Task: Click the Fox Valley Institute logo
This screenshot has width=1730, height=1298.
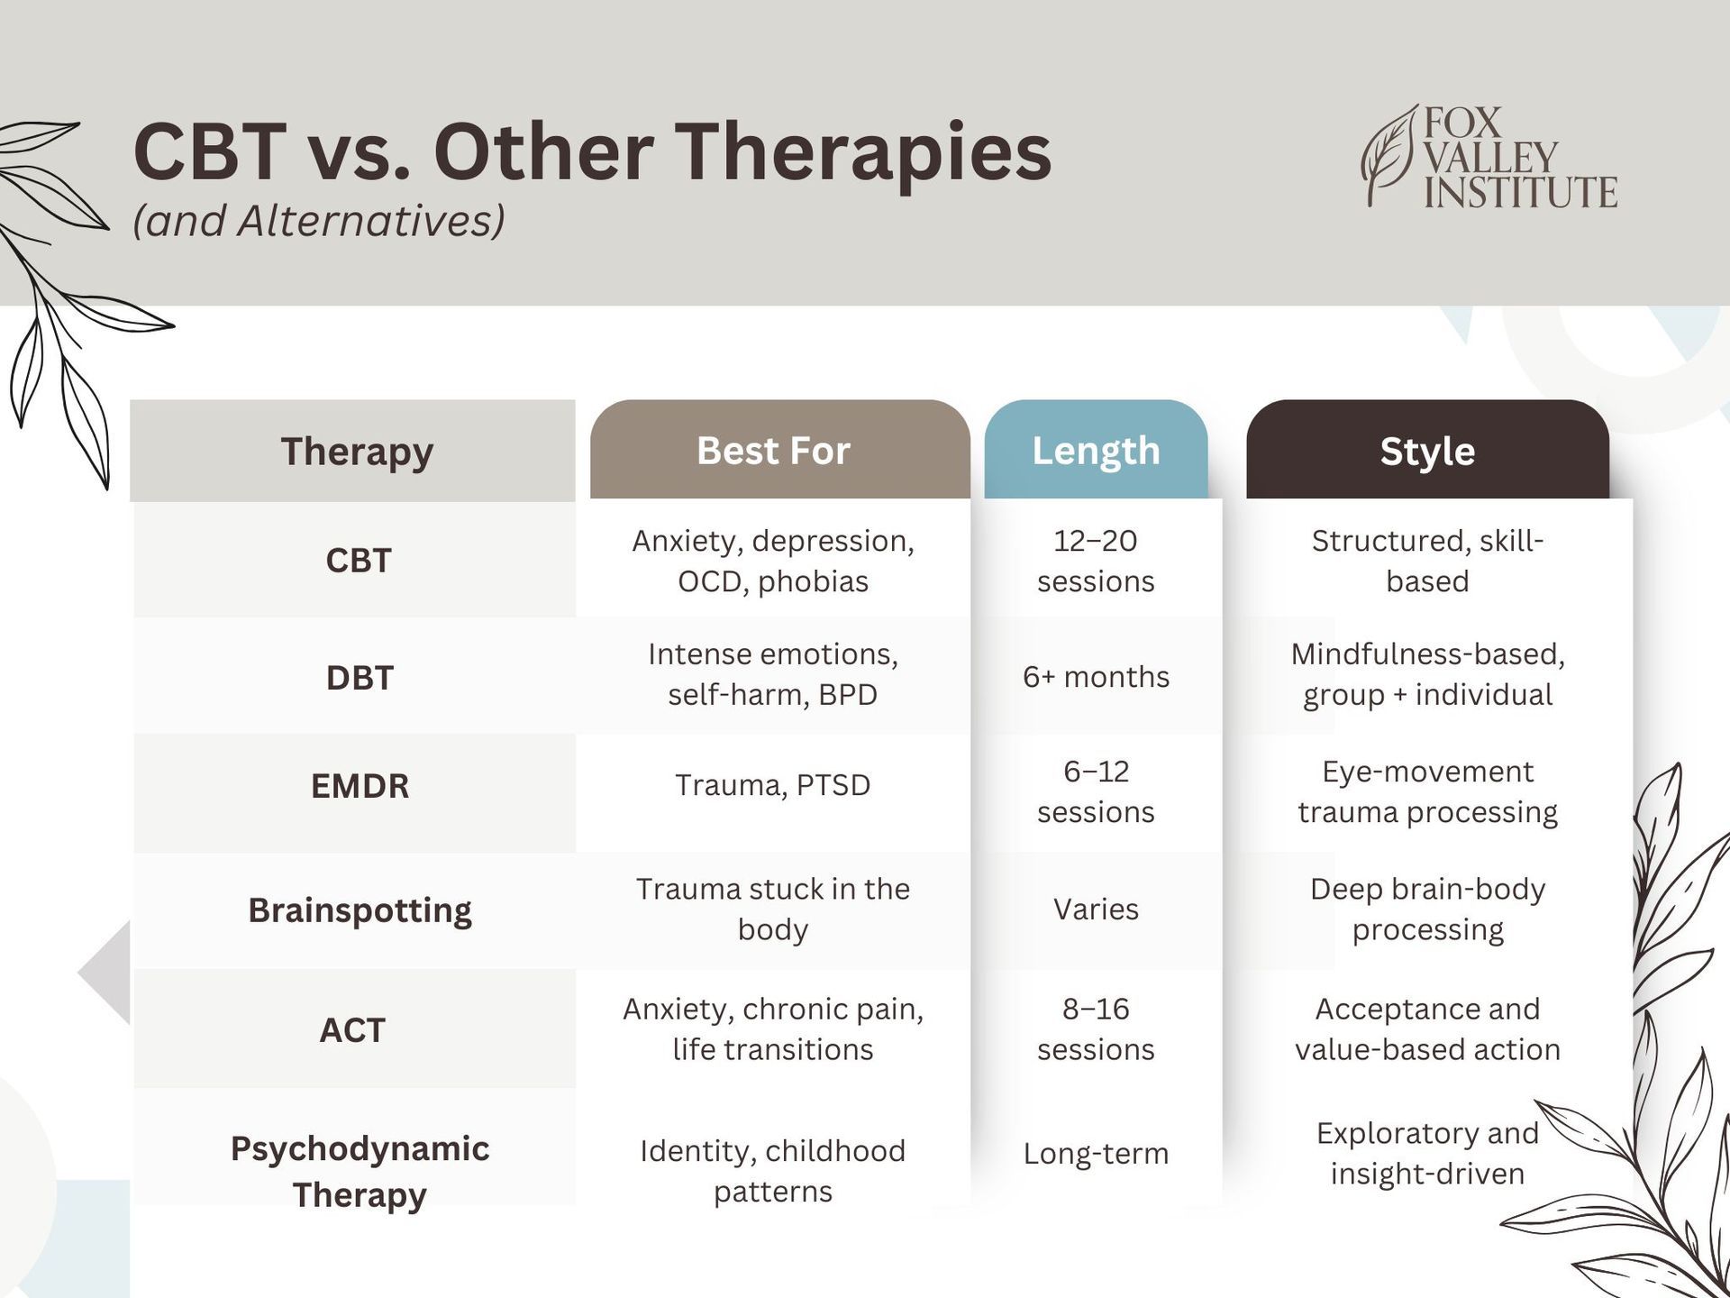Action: coord(1489,157)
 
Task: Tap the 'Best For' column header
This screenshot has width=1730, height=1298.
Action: coord(780,449)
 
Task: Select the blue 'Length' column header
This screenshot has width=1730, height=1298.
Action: coord(1096,449)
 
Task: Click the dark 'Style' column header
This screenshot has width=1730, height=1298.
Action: coord(1427,449)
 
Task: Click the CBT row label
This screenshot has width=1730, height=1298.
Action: coord(359,561)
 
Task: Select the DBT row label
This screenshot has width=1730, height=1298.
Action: coord(360,678)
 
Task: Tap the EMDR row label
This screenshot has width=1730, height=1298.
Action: coord(360,786)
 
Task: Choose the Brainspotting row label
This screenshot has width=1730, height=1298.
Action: coord(360,910)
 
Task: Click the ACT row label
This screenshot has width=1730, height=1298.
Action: coord(352,1029)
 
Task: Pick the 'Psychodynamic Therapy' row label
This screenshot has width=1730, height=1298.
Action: coord(360,1171)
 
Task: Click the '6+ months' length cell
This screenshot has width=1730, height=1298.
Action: coord(1096,676)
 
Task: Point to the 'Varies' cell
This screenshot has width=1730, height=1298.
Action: coord(1096,909)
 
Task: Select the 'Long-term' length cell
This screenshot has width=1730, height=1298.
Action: coord(1096,1153)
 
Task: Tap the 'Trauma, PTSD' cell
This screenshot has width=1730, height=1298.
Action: coord(773,785)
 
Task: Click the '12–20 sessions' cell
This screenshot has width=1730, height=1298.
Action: coord(1096,561)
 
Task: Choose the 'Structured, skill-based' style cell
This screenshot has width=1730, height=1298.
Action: coord(1427,561)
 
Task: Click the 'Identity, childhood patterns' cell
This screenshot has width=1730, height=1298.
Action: coord(773,1171)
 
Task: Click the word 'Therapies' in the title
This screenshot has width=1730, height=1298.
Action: coord(863,152)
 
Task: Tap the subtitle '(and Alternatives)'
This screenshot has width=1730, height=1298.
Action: coord(318,221)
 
